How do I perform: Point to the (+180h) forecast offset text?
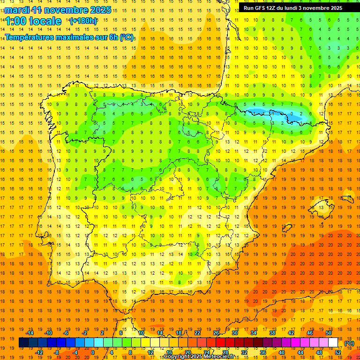pos(83,21)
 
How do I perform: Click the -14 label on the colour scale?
pos(30,333)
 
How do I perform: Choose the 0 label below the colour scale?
pos(92,352)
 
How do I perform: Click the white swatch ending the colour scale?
pos(333,343)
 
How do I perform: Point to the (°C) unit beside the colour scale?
pos(349,343)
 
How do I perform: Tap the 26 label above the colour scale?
pos(216,333)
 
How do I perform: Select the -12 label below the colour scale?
pos(39,352)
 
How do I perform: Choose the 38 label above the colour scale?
pos(272,333)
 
